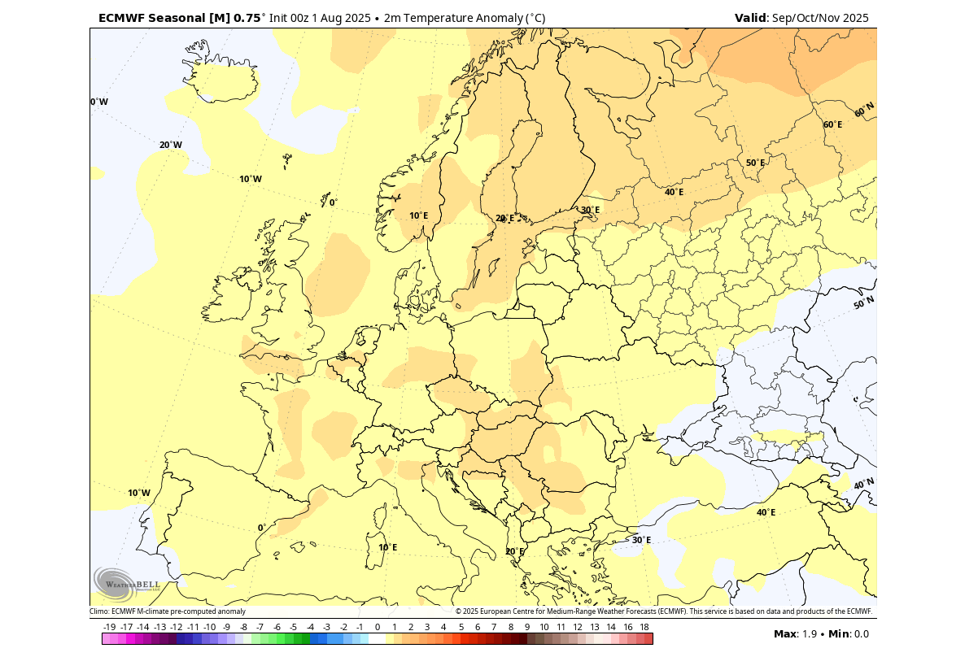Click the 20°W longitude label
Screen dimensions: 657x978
(x=170, y=145)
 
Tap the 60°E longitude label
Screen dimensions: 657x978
(x=832, y=124)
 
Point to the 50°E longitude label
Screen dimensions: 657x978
(x=755, y=163)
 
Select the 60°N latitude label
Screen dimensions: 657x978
(x=864, y=109)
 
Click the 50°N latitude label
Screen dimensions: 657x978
(x=863, y=302)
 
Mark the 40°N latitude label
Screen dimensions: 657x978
(x=863, y=484)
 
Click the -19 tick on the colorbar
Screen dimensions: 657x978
(x=110, y=627)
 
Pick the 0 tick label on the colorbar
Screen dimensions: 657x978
(x=378, y=627)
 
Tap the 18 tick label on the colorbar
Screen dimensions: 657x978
(x=644, y=627)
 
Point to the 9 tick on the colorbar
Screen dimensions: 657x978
(x=527, y=627)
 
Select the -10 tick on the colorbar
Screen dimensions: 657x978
(x=210, y=627)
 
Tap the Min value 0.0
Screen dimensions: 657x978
(x=861, y=634)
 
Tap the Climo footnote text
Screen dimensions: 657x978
(x=168, y=611)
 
